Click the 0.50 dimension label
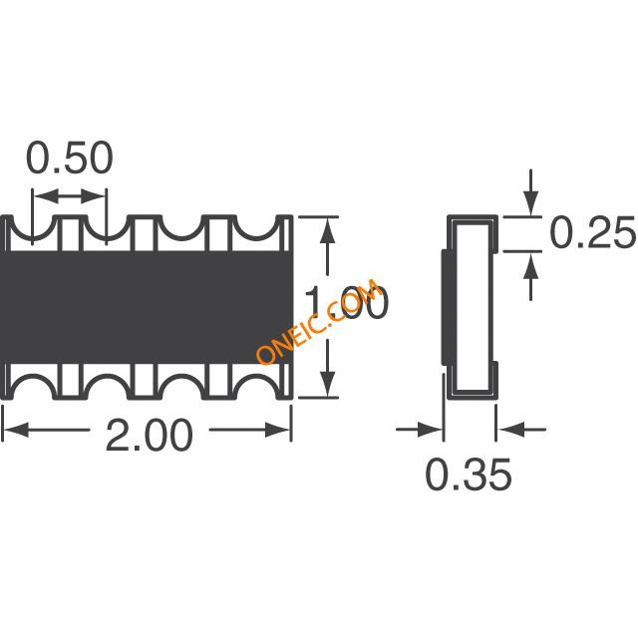69,158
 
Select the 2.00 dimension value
149,435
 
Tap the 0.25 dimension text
592,232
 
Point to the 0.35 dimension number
469,475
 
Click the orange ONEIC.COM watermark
318,321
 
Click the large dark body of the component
147,307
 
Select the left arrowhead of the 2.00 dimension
16,430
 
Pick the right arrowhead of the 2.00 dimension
278,430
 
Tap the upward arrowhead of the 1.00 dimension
328,230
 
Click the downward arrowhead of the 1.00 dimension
328,383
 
